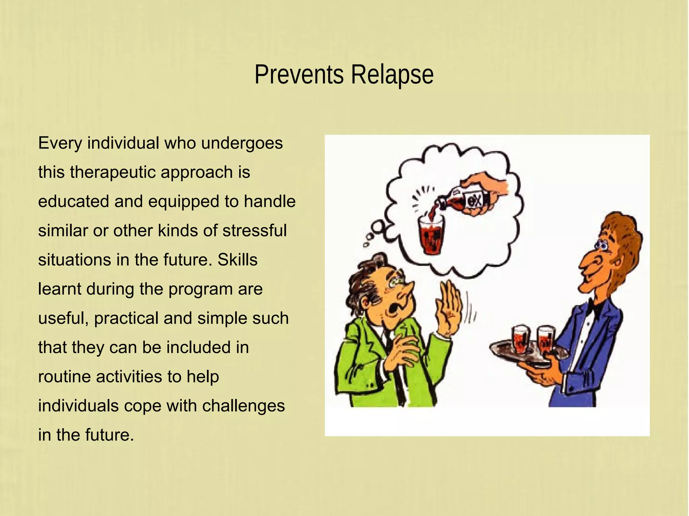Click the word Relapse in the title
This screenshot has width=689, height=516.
point(392,75)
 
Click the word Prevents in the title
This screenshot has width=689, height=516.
point(299,75)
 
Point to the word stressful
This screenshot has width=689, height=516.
point(255,231)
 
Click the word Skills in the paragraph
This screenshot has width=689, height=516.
point(237,260)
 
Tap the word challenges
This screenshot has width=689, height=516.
point(243,406)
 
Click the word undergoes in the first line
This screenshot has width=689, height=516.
point(242,143)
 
